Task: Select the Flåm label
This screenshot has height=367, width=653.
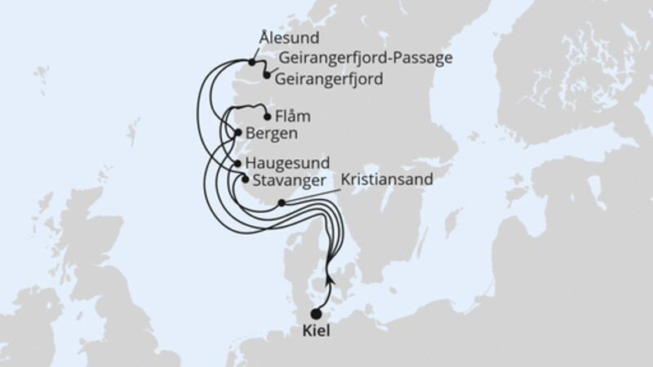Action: [x=293, y=116]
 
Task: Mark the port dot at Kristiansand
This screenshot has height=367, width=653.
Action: [x=281, y=203]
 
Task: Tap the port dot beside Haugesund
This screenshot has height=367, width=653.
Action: [x=238, y=164]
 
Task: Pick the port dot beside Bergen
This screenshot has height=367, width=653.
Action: [x=238, y=133]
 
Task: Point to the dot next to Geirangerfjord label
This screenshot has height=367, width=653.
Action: [x=266, y=76]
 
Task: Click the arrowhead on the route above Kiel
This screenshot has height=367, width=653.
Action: [x=329, y=277]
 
